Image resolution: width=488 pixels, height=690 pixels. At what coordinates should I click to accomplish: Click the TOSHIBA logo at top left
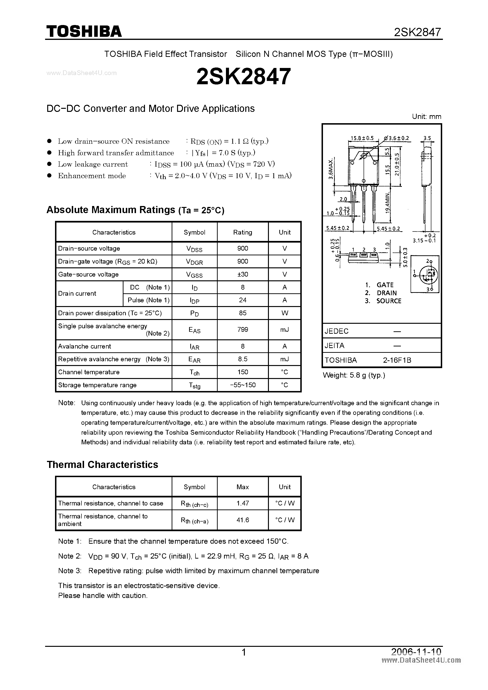(x=84, y=31)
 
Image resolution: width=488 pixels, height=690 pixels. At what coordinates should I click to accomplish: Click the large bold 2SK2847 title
(x=244, y=76)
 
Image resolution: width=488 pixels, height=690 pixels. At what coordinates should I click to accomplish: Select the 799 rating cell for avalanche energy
(x=242, y=329)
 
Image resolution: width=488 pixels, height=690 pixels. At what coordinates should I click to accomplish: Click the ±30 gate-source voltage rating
(x=242, y=274)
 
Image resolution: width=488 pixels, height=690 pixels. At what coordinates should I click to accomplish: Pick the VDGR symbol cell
(x=194, y=261)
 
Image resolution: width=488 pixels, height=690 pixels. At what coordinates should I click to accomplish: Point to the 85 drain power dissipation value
(x=242, y=313)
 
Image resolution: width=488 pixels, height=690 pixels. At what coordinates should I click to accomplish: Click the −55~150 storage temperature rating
(x=242, y=385)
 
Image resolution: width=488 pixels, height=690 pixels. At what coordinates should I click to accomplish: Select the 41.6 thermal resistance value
(x=242, y=520)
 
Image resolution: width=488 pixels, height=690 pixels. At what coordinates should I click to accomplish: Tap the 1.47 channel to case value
(x=242, y=503)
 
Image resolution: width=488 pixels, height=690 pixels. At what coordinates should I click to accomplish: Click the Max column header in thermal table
(x=242, y=487)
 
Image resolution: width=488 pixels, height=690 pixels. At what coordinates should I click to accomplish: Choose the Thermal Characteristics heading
(x=102, y=465)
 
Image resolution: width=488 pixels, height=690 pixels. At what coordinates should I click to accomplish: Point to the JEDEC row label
(x=336, y=331)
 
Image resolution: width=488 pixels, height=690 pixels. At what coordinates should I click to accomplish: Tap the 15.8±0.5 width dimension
(x=362, y=138)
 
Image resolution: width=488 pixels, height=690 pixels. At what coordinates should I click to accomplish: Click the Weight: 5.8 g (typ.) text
(x=354, y=375)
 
